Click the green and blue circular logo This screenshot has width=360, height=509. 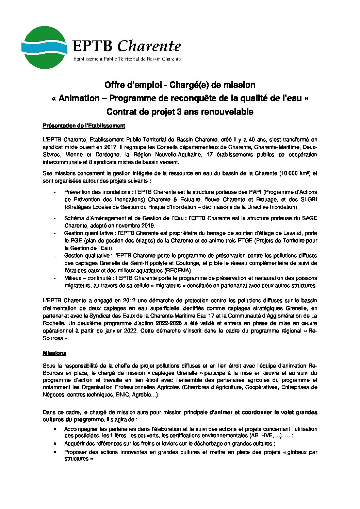click(44, 48)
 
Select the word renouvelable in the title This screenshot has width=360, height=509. click(227, 112)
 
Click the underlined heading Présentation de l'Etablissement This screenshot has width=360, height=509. click(84, 126)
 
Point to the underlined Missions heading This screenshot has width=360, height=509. click(54, 353)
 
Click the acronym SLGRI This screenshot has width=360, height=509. click(309, 200)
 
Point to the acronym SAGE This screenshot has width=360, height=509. click(310, 218)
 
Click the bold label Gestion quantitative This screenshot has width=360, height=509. click(89, 233)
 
